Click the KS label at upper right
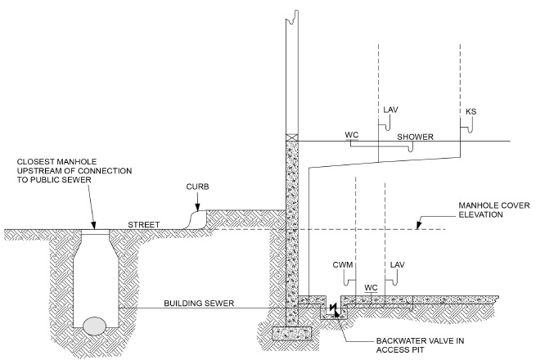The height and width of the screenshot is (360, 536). [471, 110]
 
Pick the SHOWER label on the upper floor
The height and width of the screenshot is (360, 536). [416, 137]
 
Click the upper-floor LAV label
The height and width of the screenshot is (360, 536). [390, 108]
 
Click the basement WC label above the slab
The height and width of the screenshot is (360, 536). [370, 288]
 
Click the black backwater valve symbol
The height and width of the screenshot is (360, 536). [334, 310]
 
